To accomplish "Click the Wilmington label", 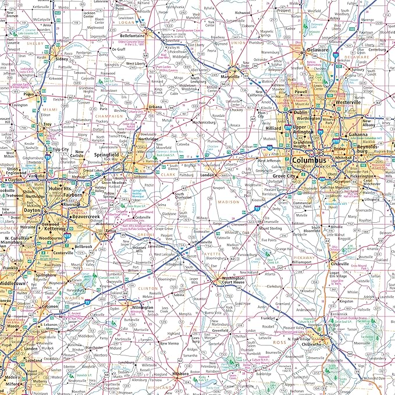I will [142, 307].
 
